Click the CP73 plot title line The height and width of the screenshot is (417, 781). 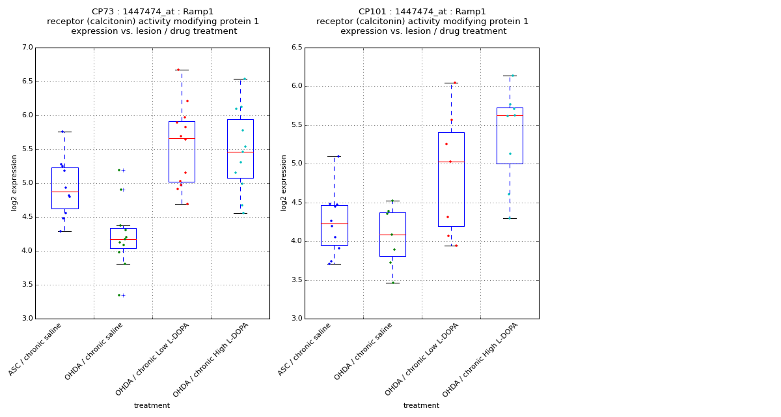152,12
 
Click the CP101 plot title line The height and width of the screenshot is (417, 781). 422,12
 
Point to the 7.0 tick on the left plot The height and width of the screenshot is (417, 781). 27,48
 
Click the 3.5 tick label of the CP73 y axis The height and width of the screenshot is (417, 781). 27,285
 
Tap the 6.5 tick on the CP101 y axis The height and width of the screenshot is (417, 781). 296,48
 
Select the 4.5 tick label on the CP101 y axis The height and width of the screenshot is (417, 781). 296,203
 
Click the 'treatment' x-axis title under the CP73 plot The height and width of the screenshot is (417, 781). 152,406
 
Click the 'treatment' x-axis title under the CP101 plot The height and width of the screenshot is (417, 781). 421,406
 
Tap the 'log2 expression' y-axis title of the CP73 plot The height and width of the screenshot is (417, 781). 14,182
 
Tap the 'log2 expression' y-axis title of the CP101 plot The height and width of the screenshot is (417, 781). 284,182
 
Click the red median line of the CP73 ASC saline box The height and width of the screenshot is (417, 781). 64,192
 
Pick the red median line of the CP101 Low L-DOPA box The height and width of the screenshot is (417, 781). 451,162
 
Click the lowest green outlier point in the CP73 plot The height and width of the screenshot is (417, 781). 119,295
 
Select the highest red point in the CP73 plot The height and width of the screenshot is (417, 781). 178,70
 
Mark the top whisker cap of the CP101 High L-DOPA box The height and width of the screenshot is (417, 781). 510,76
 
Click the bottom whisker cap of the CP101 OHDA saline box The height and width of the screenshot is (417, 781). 392,283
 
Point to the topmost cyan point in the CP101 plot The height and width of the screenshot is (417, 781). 512,76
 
